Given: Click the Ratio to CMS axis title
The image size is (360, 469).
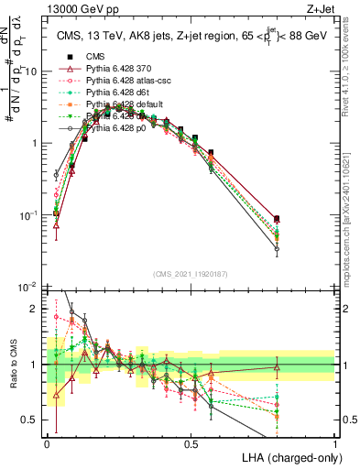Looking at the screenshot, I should (x=13, y=365).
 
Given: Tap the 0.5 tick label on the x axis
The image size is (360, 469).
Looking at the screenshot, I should (x=191, y=443).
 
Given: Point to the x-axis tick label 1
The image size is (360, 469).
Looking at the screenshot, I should (x=334, y=443).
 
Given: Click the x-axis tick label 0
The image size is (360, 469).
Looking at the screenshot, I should (x=47, y=443).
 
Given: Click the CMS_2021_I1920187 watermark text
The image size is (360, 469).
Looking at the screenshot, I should (x=191, y=274).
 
